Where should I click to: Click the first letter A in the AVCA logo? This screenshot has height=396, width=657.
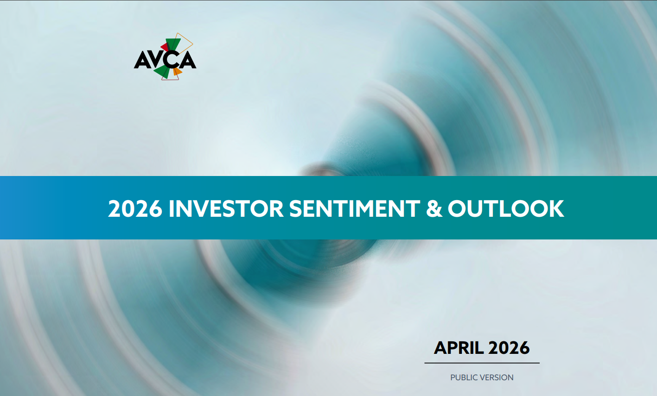[142, 60]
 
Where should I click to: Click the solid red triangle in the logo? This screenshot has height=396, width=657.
[165, 47]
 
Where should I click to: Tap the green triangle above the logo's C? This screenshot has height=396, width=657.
[173, 44]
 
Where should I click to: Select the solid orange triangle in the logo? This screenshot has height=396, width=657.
[177, 72]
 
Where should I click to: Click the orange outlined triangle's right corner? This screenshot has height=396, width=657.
[193, 44]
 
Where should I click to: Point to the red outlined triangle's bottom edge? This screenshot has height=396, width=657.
[170, 80]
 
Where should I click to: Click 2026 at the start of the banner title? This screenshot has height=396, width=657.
[135, 209]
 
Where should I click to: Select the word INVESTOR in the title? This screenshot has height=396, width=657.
[226, 209]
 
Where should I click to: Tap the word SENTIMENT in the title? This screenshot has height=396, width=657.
[355, 209]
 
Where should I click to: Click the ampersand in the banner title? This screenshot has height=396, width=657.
[434, 209]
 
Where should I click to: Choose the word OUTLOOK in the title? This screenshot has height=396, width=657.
[506, 209]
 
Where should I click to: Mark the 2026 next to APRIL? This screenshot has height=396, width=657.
[509, 348]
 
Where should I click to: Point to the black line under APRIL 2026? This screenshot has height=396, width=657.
[482, 363]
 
